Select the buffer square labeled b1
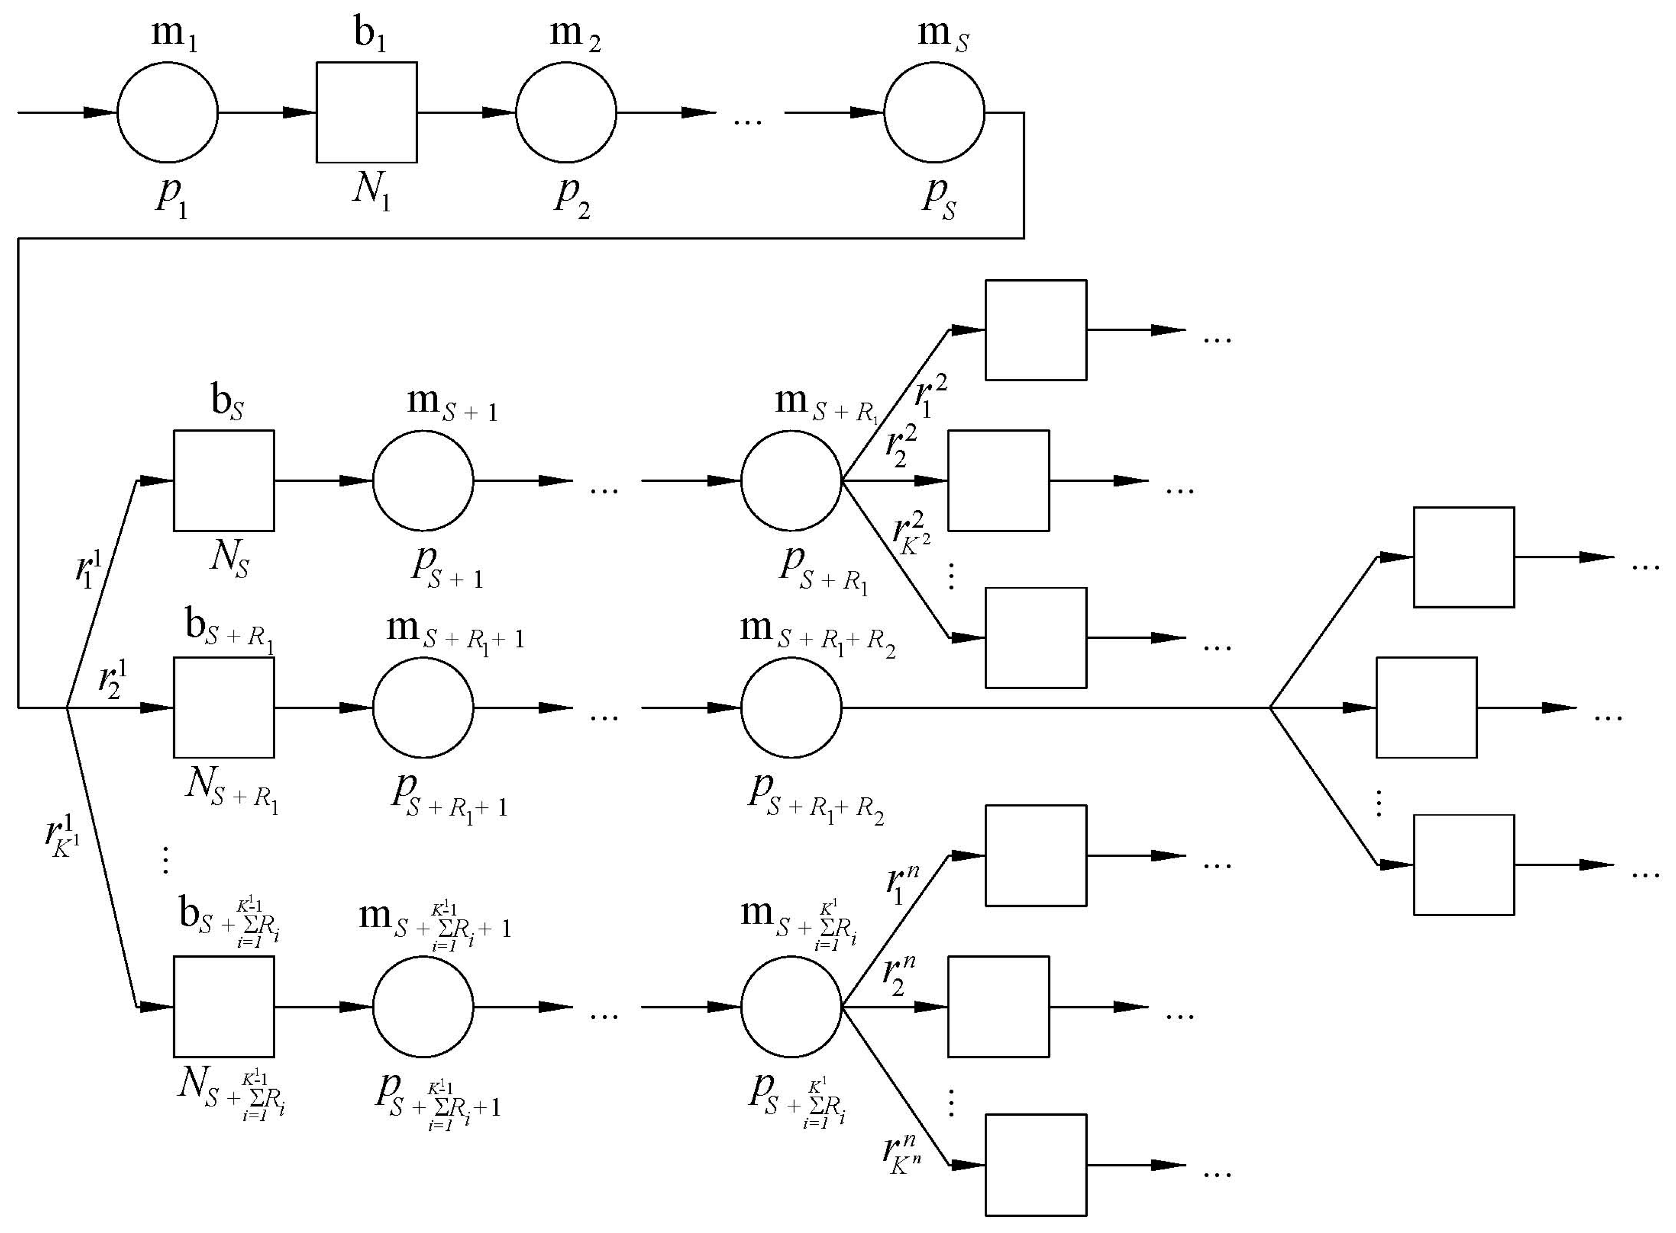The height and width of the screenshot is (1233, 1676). tap(367, 113)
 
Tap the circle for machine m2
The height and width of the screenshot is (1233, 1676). tap(566, 113)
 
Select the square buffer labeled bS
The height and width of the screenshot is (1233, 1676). tap(224, 480)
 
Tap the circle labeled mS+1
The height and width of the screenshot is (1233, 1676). tap(423, 480)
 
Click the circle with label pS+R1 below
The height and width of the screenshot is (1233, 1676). tap(791, 480)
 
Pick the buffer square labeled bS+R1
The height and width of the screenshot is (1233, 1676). tap(224, 708)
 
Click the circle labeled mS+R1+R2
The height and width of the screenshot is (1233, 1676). tap(791, 708)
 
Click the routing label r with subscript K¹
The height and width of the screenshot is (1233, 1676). tap(61, 838)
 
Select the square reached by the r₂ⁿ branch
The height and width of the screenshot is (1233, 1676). tap(998, 1007)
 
